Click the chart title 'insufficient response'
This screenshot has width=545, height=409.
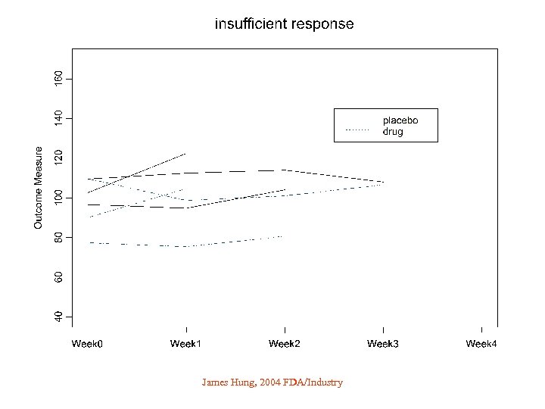click(x=284, y=23)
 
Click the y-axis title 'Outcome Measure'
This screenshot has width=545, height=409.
click(x=39, y=188)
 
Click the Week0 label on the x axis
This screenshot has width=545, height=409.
click(x=87, y=345)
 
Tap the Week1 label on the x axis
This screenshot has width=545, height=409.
click(x=185, y=345)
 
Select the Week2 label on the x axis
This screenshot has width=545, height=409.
click(x=284, y=345)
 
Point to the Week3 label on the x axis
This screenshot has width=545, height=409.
click(x=383, y=345)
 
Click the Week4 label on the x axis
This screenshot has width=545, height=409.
click(x=481, y=345)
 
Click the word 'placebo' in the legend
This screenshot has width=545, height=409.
click(x=400, y=120)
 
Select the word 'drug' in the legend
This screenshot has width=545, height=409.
click(x=393, y=131)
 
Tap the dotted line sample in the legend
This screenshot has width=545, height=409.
click(x=357, y=131)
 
